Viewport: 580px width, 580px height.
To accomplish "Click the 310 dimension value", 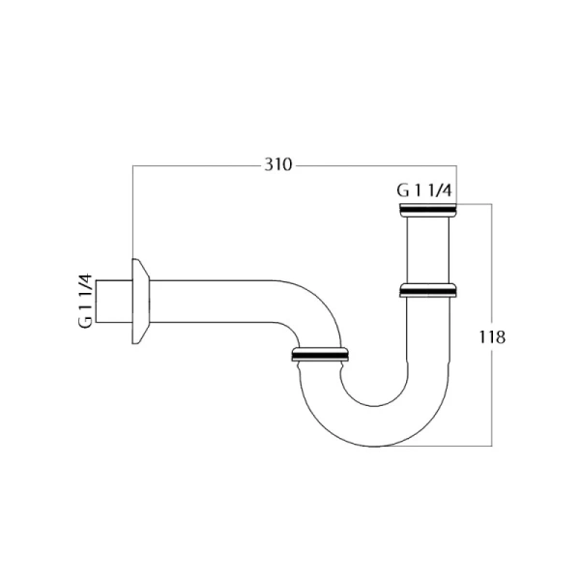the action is point(278,164).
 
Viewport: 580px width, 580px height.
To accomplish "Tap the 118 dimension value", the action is point(492,337).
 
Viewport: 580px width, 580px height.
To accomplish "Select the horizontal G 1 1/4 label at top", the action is point(424,190).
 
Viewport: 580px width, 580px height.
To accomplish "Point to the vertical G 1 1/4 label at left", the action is point(85,301).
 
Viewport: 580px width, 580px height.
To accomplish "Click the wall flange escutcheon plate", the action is point(140,301).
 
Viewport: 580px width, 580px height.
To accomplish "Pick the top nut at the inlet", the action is point(428,210).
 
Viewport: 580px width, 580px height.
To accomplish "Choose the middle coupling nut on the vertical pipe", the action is point(428,290).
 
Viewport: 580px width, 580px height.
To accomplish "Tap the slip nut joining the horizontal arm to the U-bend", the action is point(320,354).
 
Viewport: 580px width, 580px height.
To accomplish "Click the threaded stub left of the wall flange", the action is point(114,301).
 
